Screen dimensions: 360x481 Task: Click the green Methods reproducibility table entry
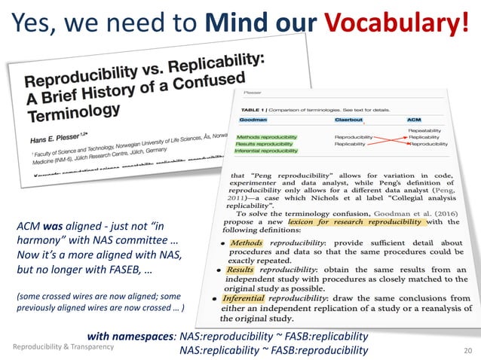click(x=266, y=137)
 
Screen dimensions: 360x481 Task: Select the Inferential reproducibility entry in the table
click(x=269, y=151)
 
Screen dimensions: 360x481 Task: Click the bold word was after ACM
click(x=54, y=225)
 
